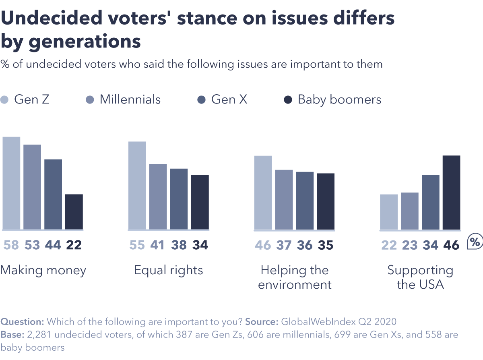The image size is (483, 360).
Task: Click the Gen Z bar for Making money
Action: pos(11,183)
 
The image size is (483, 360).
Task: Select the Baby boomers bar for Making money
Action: pos(74,212)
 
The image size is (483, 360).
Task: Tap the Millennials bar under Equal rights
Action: pos(158,197)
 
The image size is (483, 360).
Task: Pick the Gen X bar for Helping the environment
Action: pos(305,201)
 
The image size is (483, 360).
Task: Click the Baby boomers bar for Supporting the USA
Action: pos(451,192)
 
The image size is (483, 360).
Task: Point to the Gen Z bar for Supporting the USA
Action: pos(388,212)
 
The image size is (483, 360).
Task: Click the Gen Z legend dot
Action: pos(4,100)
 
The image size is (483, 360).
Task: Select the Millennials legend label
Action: pos(130,99)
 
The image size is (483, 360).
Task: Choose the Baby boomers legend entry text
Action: pos(339,99)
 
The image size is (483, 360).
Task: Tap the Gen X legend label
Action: pos(229,99)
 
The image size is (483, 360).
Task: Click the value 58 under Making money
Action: pos(11,245)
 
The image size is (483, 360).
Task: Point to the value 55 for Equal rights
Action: pos(137,245)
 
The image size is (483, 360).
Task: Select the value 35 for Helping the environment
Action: pos(325,245)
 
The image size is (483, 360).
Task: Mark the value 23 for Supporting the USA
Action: pos(410,245)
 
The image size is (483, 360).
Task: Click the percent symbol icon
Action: pos(475,242)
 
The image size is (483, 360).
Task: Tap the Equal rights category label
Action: pos(169,270)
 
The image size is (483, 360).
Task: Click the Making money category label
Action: pos(43,270)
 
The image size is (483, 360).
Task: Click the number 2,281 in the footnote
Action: pos(38,335)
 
